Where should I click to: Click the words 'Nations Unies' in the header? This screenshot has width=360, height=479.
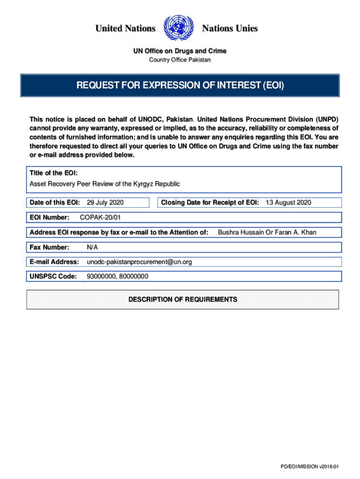tap(230, 29)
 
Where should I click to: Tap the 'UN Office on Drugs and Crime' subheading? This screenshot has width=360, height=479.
tap(180, 51)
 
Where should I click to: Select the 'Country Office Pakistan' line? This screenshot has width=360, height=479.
tap(180, 60)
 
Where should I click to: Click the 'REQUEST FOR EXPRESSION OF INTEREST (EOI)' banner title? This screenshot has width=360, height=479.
tap(180, 86)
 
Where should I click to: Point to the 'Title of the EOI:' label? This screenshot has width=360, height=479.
tap(50, 174)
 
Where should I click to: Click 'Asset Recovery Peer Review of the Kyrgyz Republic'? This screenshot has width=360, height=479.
tap(105, 184)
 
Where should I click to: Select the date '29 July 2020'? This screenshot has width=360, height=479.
tap(105, 203)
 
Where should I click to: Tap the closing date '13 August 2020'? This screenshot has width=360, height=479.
tap(288, 203)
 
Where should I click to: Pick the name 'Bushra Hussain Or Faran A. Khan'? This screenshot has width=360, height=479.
tap(267, 232)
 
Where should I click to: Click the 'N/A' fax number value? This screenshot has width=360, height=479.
tap(93, 247)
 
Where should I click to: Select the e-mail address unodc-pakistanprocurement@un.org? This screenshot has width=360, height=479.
tap(139, 262)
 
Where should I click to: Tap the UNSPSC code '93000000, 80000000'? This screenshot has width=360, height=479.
tap(117, 276)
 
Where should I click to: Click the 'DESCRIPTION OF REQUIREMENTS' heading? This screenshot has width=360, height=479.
tap(183, 299)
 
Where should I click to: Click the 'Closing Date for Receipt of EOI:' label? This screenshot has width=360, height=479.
tap(210, 203)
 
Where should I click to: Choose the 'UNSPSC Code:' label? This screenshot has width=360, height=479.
tap(53, 276)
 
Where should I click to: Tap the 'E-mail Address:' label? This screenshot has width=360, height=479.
tap(54, 262)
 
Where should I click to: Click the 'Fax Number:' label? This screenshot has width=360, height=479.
tap(50, 247)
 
